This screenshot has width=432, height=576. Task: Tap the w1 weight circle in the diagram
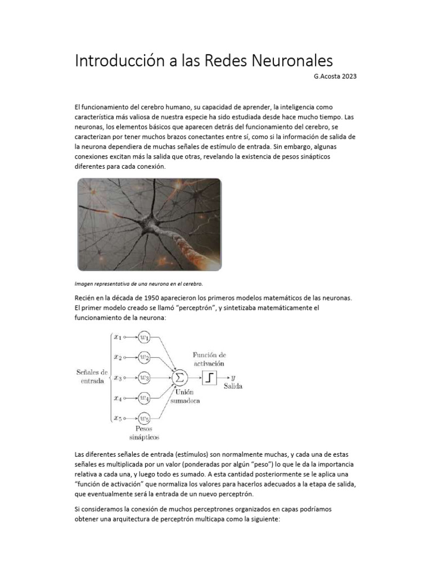(145, 337)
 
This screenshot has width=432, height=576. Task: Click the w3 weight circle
(145, 377)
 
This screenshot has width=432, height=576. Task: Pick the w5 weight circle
(145, 418)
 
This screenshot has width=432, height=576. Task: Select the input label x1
(117, 337)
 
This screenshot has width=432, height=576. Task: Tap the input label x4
(117, 398)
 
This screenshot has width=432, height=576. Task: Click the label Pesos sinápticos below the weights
(144, 433)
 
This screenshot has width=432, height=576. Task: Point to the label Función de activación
(209, 359)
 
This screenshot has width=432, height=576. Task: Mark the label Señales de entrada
(92, 376)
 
